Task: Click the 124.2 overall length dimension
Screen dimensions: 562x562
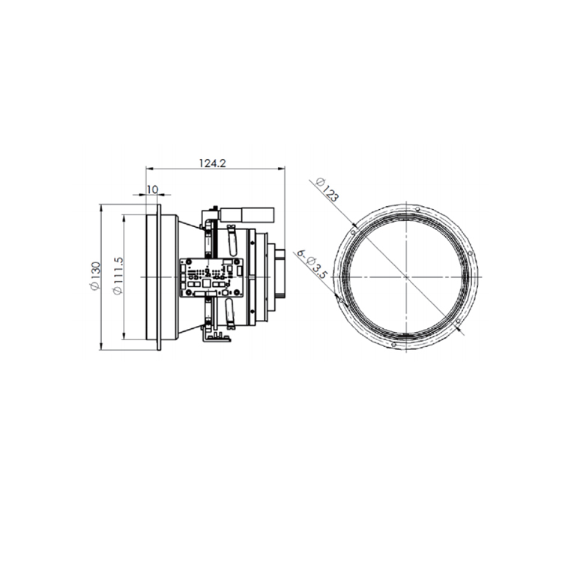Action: (213, 163)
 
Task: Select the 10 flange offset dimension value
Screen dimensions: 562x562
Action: (152, 190)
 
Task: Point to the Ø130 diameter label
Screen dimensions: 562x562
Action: (95, 276)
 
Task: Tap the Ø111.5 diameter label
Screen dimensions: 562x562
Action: (118, 276)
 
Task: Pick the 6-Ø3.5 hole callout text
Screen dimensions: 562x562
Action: (310, 265)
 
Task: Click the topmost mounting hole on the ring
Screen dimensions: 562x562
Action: (417, 209)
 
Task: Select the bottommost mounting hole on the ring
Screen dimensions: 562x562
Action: (394, 345)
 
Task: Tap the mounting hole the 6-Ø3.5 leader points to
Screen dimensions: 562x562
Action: (341, 300)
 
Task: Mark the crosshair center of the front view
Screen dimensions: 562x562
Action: (405, 277)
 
